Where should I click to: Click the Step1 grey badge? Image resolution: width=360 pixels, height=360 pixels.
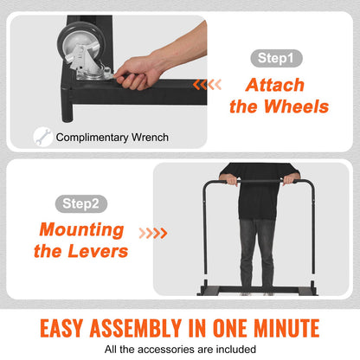click(276, 58)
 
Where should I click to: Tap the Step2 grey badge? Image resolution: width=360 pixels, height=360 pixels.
click(81, 203)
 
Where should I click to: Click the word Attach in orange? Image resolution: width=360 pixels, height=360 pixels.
click(275, 85)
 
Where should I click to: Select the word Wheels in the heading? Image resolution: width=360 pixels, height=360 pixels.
click(296, 106)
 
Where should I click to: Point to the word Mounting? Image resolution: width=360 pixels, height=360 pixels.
click(82, 230)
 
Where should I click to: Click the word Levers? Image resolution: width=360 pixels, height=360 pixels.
click(98, 251)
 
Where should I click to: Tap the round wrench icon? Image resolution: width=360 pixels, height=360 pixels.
click(42, 137)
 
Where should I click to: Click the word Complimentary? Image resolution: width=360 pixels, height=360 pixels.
click(93, 138)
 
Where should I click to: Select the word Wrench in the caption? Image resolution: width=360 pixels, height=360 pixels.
click(150, 138)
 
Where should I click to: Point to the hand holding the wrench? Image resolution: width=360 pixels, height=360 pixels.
click(139, 73)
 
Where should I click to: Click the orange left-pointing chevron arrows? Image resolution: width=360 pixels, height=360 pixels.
click(207, 85)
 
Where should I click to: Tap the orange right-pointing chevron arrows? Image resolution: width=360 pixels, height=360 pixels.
click(153, 233)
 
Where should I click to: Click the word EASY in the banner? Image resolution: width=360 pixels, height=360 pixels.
click(61, 328)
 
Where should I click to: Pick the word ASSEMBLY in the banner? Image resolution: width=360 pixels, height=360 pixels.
click(136, 328)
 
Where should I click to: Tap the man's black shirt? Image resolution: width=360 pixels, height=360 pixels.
click(259, 192)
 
